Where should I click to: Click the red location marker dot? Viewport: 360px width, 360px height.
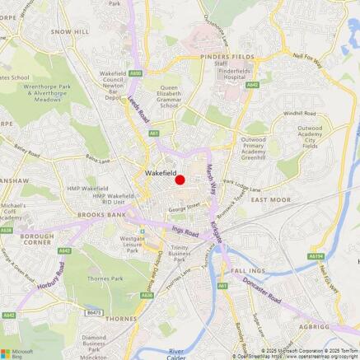tap(180, 180)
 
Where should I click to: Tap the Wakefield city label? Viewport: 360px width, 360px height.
tap(160, 173)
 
